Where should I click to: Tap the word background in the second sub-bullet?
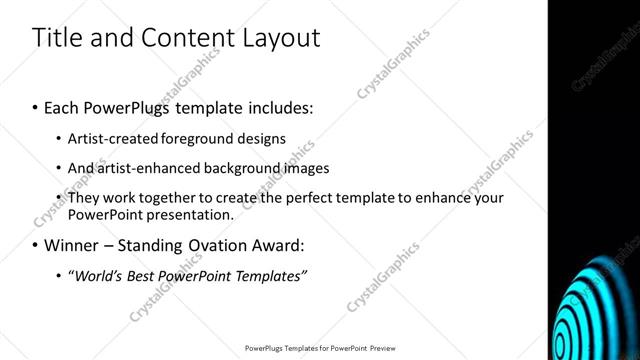tap(235, 168)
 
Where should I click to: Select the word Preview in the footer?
tap(379, 349)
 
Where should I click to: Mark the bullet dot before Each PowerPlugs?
tap(36, 106)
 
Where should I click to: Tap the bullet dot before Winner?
tap(36, 245)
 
